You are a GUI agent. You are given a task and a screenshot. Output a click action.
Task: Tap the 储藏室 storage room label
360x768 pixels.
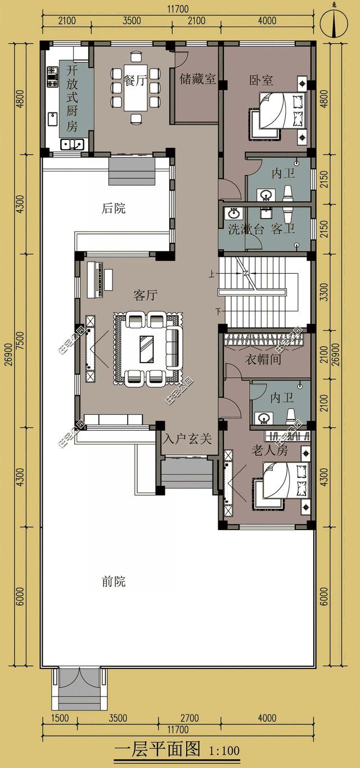197,79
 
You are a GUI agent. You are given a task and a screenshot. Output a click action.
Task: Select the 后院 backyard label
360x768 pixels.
114,209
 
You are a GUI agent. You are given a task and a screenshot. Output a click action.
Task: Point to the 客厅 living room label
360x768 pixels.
145,295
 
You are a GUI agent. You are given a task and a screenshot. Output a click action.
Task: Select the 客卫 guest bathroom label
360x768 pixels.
283,229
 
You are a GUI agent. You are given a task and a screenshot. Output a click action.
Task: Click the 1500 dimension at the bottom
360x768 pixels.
59,717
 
